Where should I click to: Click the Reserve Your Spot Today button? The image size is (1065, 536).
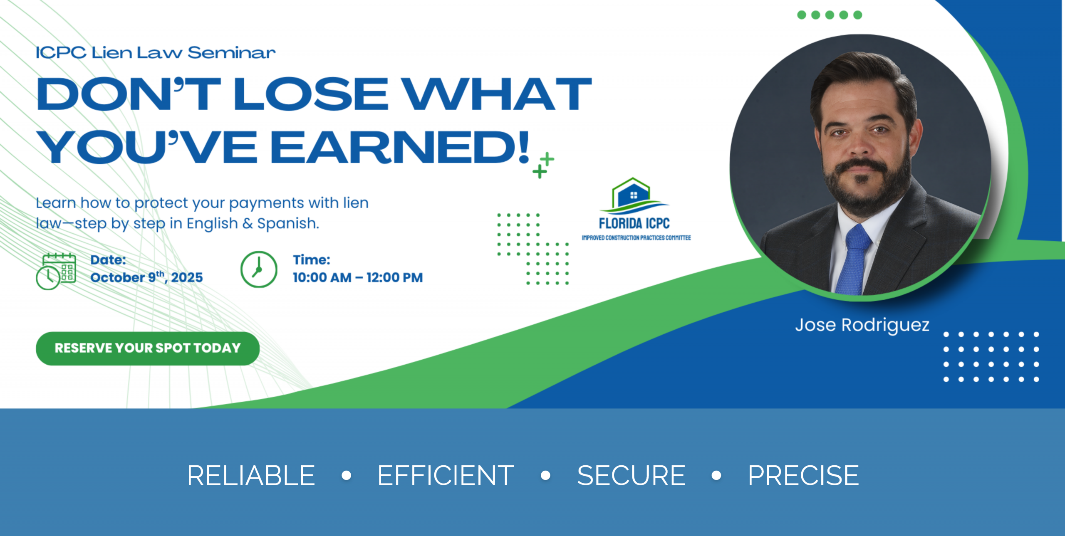[x=148, y=348]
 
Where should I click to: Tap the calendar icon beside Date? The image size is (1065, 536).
[x=56, y=271]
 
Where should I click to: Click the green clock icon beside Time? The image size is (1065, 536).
[x=259, y=269]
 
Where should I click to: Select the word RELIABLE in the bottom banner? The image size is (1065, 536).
[x=251, y=475]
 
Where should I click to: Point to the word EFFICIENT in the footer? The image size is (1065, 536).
[x=446, y=475]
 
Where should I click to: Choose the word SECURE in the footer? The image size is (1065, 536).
[x=631, y=475]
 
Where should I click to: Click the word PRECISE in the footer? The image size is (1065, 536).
[x=803, y=475]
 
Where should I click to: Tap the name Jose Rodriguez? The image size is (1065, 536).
[x=862, y=325]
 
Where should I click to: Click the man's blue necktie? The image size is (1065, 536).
[x=854, y=259]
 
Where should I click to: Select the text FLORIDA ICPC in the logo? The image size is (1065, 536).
[x=634, y=223]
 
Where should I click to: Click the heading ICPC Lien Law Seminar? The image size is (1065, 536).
[x=156, y=53]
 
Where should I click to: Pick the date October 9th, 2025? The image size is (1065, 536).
[x=146, y=277]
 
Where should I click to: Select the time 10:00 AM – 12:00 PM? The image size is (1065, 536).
[x=358, y=277]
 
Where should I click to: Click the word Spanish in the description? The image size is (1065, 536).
[x=288, y=224]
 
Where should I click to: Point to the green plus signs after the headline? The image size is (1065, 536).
[x=543, y=165]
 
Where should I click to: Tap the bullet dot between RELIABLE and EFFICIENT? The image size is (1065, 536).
[x=346, y=475]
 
